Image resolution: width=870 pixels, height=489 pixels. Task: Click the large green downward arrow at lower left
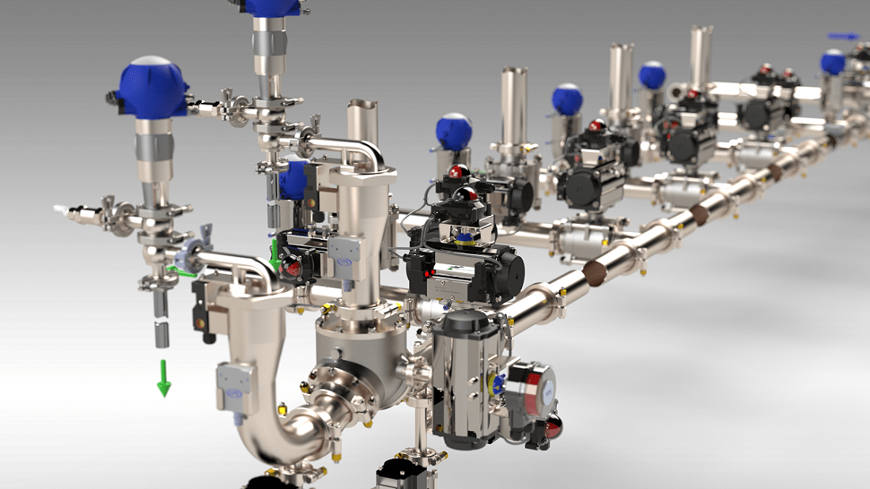(x=164, y=379)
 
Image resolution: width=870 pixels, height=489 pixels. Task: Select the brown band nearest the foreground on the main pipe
(x=595, y=272)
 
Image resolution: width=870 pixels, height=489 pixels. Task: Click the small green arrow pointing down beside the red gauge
(x=275, y=255)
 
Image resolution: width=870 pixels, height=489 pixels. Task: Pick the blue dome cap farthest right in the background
(x=832, y=61)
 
